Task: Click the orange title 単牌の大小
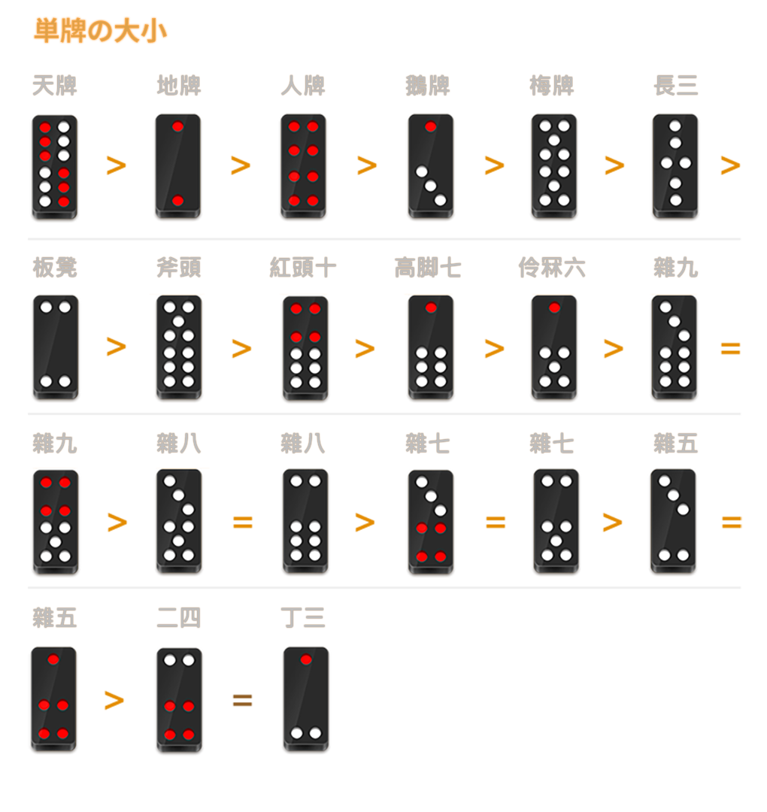(100, 31)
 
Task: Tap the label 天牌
(55, 86)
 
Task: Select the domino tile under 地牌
(178, 166)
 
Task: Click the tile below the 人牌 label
(304, 166)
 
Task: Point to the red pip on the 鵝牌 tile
(430, 126)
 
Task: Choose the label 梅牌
(551, 86)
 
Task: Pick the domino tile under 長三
(675, 166)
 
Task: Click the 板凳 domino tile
(56, 347)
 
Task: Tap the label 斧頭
(179, 268)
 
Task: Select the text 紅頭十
(303, 268)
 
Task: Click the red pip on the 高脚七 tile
(431, 308)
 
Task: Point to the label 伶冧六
(551, 268)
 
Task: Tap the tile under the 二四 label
(179, 699)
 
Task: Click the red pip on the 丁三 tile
(306, 660)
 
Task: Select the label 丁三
(303, 618)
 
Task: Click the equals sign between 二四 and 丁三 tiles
(242, 700)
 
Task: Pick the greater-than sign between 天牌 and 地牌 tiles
(117, 165)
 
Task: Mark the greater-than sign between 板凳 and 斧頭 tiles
(117, 347)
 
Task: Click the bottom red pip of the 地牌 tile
(177, 201)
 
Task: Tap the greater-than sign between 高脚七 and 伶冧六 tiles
(495, 349)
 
